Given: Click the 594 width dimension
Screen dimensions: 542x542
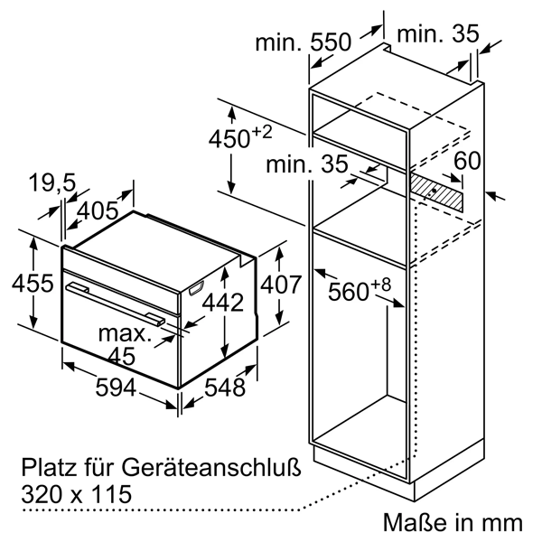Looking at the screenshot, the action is (x=116, y=388).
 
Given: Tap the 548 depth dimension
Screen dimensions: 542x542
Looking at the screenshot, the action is (x=225, y=388).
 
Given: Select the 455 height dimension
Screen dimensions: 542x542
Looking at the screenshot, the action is (x=33, y=283).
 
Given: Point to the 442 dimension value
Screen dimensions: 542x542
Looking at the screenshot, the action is (x=222, y=303).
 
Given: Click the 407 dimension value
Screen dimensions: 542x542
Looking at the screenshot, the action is (x=281, y=285).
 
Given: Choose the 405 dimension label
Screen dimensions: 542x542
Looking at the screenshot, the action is (x=98, y=210).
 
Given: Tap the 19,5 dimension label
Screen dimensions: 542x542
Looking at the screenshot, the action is (x=52, y=183).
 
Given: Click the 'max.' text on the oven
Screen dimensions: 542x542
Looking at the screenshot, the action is (x=125, y=334).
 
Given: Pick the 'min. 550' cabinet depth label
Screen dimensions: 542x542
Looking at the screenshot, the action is (x=303, y=42).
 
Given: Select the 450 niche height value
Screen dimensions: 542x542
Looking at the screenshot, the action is (x=229, y=138).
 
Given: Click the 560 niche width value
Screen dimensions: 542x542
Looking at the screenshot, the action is (x=349, y=292).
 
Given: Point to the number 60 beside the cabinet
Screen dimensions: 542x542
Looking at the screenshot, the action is (x=467, y=161).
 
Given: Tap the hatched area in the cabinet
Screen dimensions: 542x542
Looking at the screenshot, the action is (x=436, y=192).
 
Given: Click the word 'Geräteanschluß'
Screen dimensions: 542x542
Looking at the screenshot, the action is (x=210, y=469).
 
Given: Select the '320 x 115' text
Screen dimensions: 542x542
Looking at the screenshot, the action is (x=77, y=493).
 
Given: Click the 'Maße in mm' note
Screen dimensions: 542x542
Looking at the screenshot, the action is (x=453, y=522).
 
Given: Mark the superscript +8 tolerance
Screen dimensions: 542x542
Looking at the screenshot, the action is (x=381, y=285).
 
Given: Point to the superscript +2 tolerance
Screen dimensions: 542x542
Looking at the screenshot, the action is (x=262, y=133).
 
